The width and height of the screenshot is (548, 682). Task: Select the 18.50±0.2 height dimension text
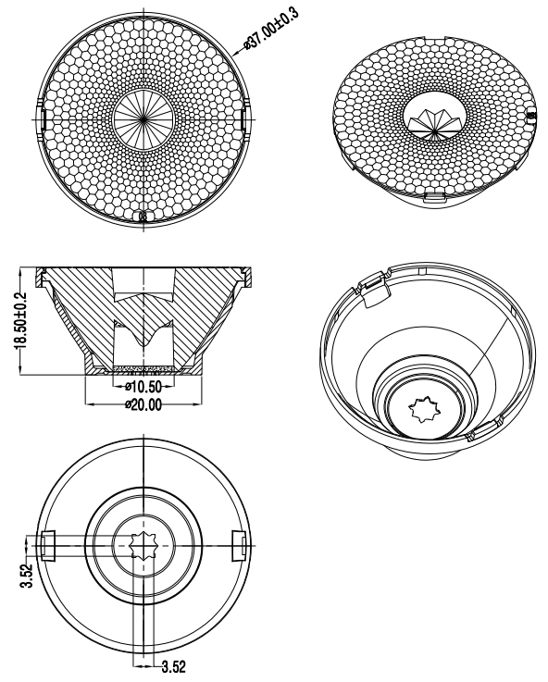tap(20, 320)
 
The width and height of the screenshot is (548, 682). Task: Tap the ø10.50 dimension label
tap(143, 386)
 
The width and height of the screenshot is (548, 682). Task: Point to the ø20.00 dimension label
tap(143, 405)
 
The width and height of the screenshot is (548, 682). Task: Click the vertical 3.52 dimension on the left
tap(27, 576)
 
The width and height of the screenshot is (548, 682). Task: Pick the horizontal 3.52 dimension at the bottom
tap(174, 666)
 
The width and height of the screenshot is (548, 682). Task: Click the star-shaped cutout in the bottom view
tap(144, 545)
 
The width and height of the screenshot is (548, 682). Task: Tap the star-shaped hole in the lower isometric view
tap(424, 408)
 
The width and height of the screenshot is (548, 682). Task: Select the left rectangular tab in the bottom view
tap(49, 545)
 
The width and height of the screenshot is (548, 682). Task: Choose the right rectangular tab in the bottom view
tap(239, 545)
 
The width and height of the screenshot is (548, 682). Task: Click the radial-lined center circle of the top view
tap(143, 118)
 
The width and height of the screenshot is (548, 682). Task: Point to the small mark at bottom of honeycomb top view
tap(143, 217)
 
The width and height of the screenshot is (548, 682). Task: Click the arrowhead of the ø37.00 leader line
tap(236, 53)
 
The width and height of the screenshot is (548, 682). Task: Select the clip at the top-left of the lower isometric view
tap(374, 289)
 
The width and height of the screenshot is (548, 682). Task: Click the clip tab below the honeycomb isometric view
tap(435, 197)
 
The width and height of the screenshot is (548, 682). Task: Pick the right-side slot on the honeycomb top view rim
tap(243, 118)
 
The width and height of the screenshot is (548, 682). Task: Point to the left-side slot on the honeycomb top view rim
tap(44, 118)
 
